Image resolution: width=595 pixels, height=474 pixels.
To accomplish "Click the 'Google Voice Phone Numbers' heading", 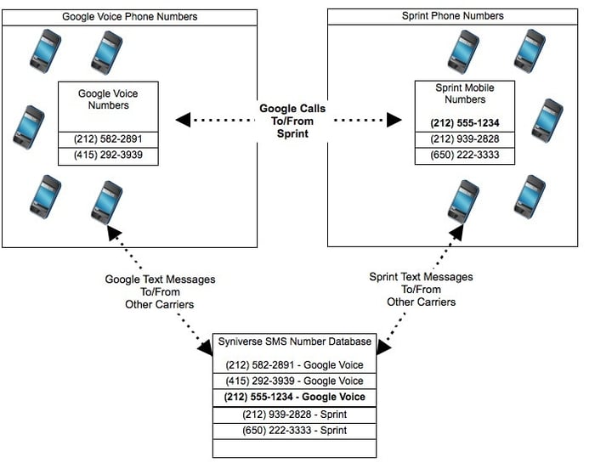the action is tap(130, 17).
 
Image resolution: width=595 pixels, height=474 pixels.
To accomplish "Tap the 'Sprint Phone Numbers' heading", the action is tap(453, 16).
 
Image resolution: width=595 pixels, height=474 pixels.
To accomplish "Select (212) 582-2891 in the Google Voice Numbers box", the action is tap(108, 139).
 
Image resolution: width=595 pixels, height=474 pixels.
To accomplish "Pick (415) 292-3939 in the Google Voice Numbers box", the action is tap(108, 155).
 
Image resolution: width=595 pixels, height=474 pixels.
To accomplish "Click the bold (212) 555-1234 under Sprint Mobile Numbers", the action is tap(465, 123).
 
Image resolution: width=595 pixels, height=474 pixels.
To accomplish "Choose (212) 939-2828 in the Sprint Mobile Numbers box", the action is tap(465, 138).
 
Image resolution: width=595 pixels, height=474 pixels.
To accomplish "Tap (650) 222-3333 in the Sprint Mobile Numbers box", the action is tap(465, 155).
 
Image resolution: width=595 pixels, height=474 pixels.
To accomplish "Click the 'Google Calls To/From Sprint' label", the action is tap(292, 121).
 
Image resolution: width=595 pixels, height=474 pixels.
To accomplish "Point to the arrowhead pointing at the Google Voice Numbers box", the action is tap(183, 120).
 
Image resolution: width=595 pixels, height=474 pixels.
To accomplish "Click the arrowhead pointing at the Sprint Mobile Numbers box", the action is tap(394, 120).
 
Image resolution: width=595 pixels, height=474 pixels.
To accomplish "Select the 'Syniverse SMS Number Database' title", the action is tap(294, 341).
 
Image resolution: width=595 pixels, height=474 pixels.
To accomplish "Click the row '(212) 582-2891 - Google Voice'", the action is tap(294, 364).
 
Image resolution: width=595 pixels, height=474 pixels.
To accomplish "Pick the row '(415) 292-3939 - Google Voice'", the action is tap(294, 381).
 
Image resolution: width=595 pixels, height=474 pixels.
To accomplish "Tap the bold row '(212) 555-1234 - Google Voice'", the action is tap(294, 397).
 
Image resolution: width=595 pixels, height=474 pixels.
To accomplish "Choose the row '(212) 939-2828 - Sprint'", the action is tap(294, 415).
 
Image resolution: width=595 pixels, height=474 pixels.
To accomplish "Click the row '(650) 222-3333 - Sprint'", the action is tap(294, 431).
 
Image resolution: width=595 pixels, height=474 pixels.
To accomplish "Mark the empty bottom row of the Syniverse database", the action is tap(294, 449).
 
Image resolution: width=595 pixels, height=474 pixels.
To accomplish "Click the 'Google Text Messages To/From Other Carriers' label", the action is tap(160, 292).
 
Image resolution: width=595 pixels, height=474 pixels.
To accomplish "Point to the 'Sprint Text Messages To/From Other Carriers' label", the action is tap(422, 290).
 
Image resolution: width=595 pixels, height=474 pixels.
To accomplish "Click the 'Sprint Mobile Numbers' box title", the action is tap(465, 93).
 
